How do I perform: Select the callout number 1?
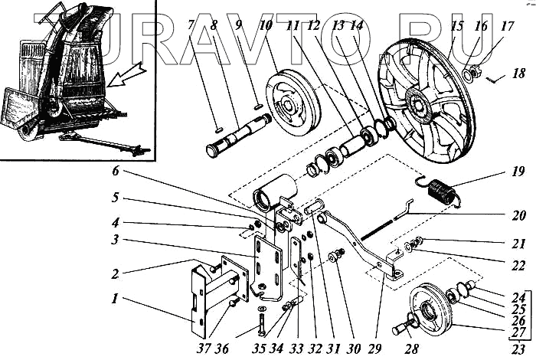click(x=113, y=297)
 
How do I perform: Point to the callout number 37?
click(x=203, y=351)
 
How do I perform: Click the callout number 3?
click(x=114, y=239)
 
